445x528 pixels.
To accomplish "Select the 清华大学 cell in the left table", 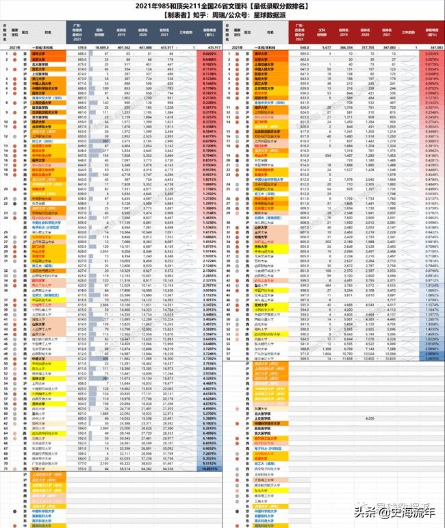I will (48, 53).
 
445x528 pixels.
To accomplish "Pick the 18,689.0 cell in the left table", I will (103, 46).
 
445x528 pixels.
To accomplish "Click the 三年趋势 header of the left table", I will (188, 31).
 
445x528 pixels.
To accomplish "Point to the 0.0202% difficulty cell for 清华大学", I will (209, 53).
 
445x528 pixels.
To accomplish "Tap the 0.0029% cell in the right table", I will (431, 53).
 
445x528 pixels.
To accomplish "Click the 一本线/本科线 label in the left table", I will (48, 46).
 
